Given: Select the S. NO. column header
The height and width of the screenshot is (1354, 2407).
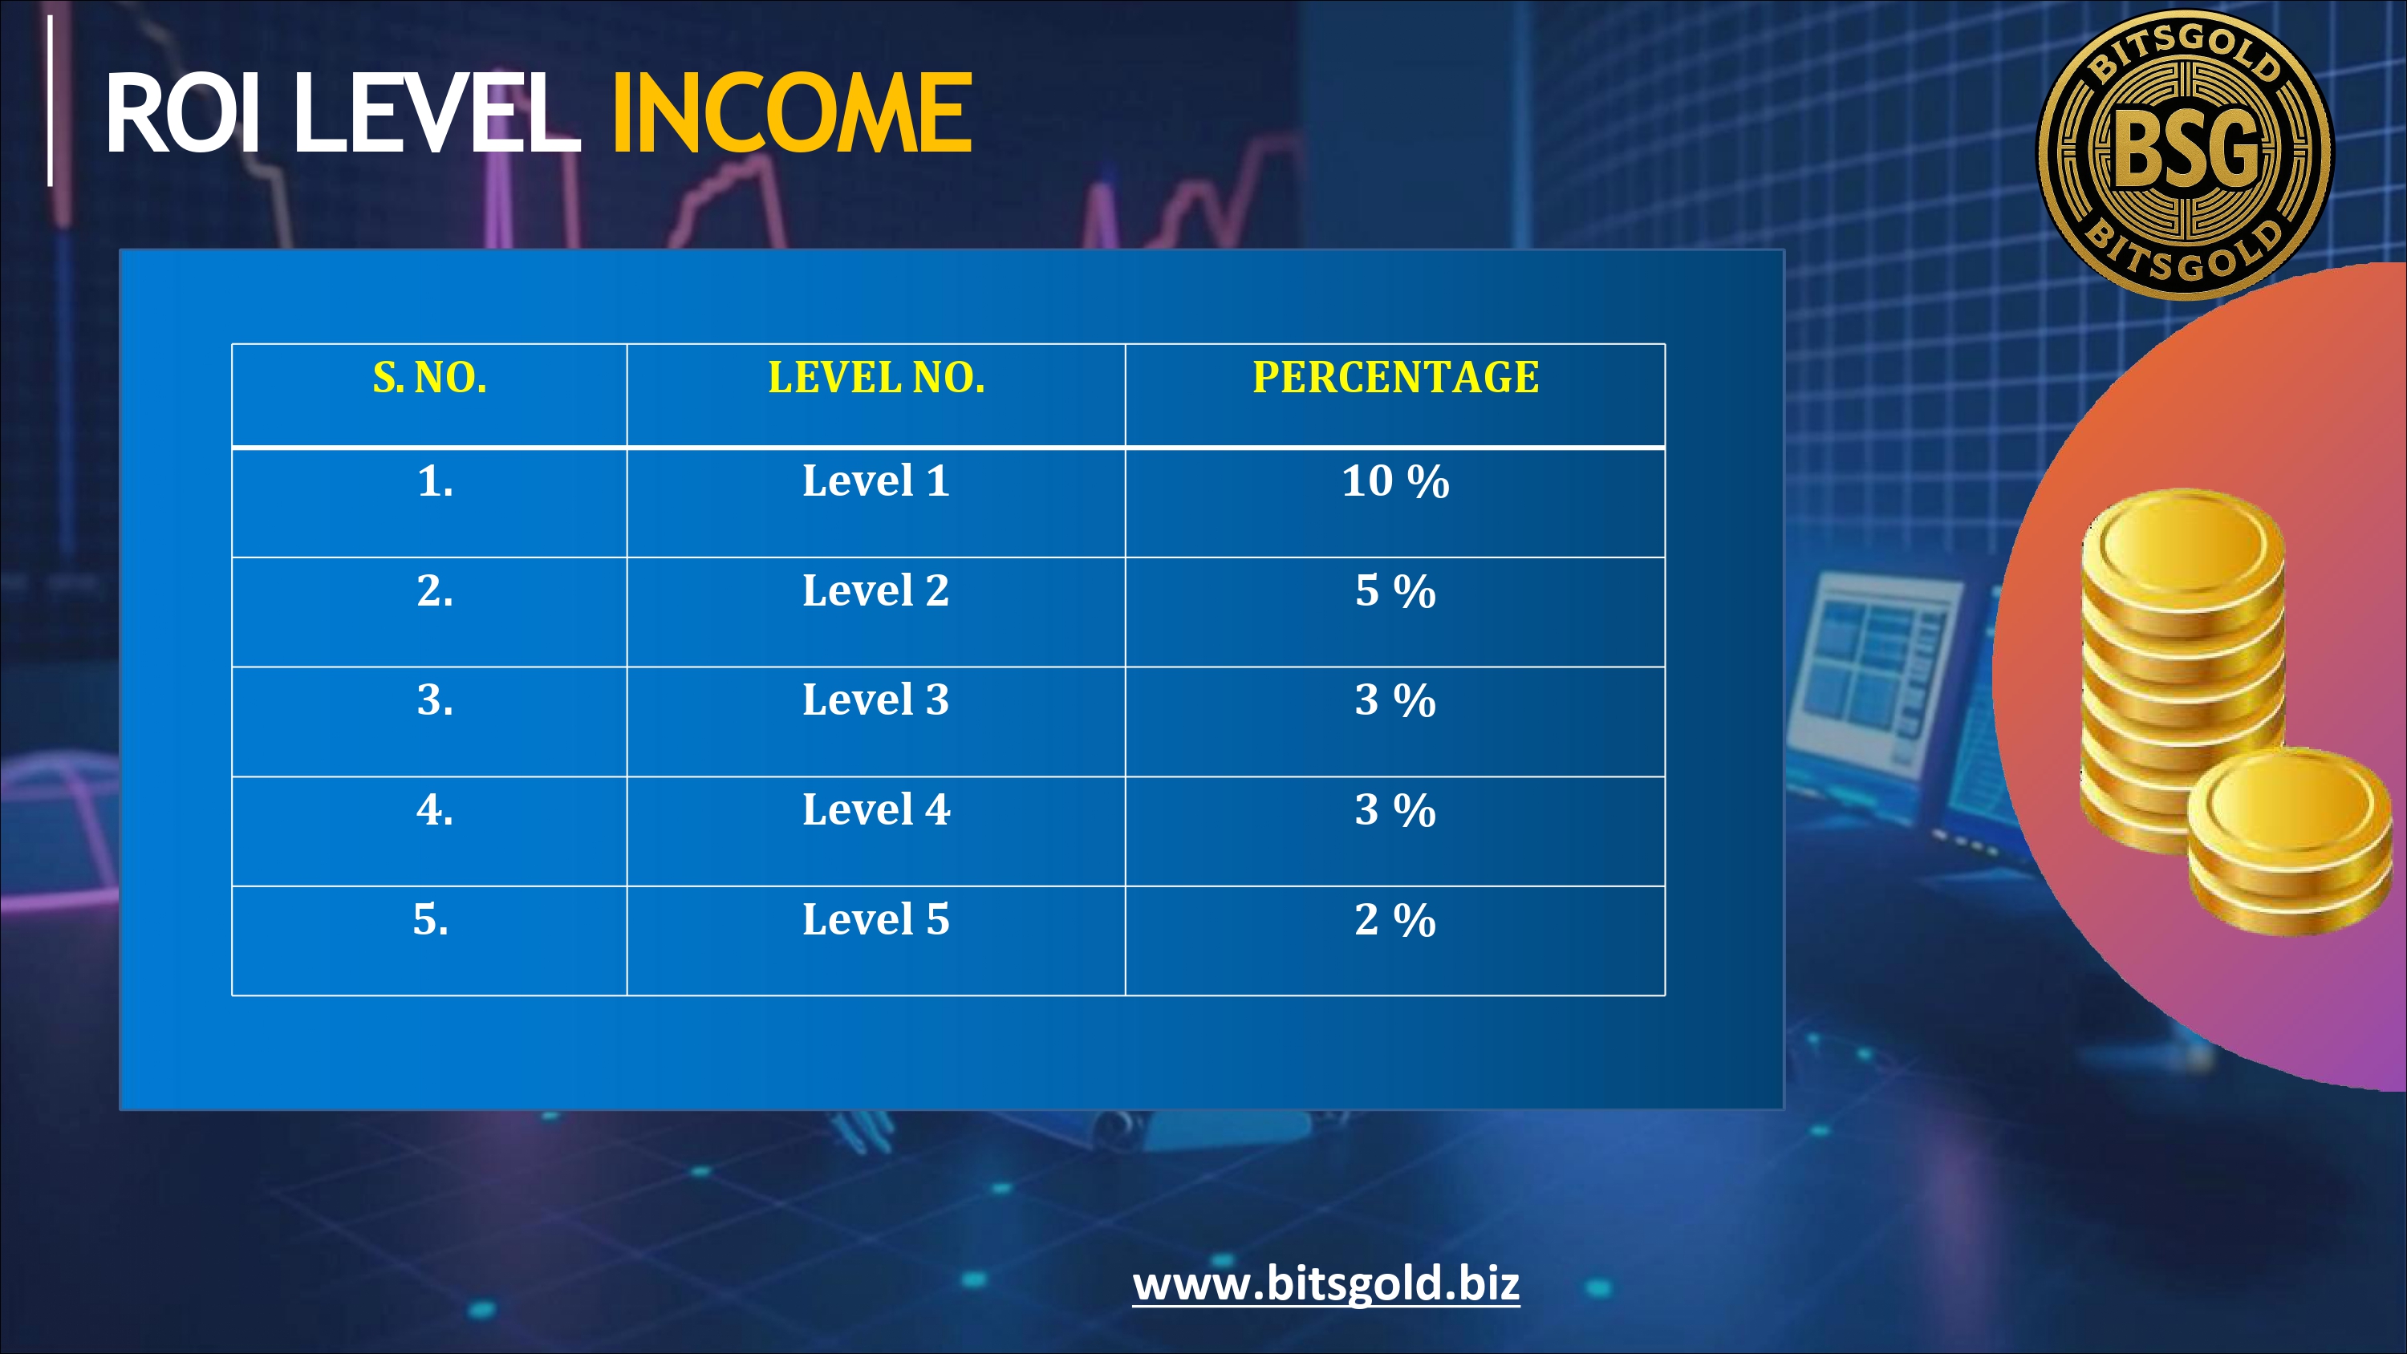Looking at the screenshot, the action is pyautogui.click(x=430, y=378).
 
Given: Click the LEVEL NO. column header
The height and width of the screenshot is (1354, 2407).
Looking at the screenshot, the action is pyautogui.click(x=876, y=378).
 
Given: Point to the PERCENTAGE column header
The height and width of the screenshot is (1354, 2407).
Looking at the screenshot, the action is pyautogui.click(x=1396, y=378).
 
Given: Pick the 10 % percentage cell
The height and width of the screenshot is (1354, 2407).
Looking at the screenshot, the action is pyautogui.click(x=1396, y=481).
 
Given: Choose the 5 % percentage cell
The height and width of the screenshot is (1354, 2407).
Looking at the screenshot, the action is pyautogui.click(x=1396, y=590).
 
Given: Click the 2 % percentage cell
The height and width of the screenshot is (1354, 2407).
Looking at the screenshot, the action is pyautogui.click(x=1396, y=919).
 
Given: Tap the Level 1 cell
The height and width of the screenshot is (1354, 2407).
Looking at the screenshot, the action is pyautogui.click(x=876, y=481).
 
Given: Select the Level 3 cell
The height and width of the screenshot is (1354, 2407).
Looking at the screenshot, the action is pyautogui.click(x=876, y=700).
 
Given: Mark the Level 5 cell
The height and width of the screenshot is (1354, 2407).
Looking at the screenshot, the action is pyautogui.click(x=876, y=919).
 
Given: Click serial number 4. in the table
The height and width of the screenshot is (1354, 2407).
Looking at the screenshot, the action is pyautogui.click(x=436, y=809).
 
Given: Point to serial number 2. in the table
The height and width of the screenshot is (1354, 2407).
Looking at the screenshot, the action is pyautogui.click(x=436, y=590).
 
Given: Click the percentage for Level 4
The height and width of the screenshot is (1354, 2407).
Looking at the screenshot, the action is pyautogui.click(x=1396, y=810).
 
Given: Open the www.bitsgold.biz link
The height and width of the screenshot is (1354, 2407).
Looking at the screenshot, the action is pyautogui.click(x=1326, y=1284).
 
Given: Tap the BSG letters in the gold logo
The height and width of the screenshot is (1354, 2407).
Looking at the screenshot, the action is pyautogui.click(x=2185, y=147).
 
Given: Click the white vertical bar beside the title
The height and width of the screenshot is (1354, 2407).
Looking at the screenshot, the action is pyautogui.click(x=51, y=100).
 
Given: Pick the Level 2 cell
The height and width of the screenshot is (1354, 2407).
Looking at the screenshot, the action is pyautogui.click(x=876, y=590).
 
